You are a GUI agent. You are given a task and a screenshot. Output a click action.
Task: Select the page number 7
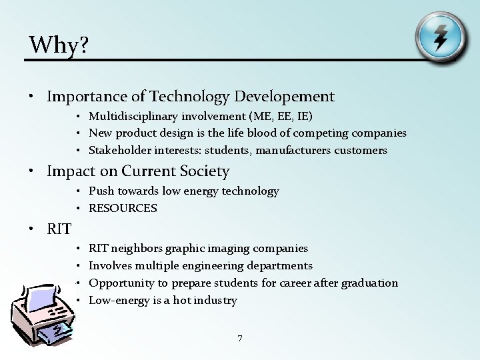[x=240, y=339]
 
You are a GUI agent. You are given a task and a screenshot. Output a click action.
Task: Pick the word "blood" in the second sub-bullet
[x=259, y=133]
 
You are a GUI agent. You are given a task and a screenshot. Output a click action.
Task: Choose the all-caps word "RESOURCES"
[x=123, y=208]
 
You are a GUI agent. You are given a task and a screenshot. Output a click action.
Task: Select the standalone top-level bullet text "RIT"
[x=59, y=229]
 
